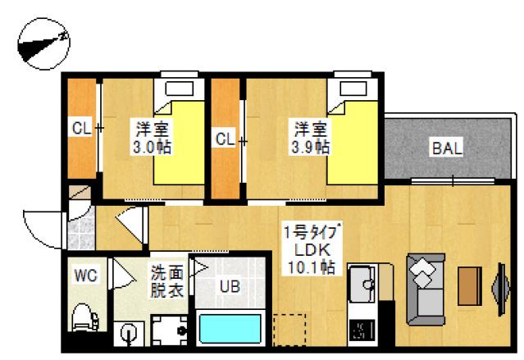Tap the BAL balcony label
click(447, 149)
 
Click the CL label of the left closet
click(80, 130)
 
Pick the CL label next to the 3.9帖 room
click(225, 139)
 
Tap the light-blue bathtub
click(229, 330)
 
